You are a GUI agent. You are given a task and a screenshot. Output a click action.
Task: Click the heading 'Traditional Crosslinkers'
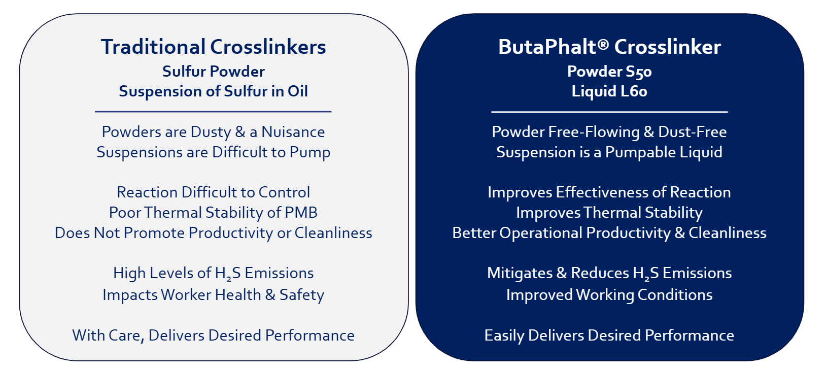213,47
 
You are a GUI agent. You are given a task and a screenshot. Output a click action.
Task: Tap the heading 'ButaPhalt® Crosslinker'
609,47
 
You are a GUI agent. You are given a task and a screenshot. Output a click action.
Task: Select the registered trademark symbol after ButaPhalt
603,44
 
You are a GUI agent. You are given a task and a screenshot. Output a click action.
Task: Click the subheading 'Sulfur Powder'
213,72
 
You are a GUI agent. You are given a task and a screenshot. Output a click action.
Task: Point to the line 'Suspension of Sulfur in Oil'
213,91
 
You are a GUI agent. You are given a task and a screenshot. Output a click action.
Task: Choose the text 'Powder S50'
609,72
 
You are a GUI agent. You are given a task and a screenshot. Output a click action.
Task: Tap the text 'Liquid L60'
609,91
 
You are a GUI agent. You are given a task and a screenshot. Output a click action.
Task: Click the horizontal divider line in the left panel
213,111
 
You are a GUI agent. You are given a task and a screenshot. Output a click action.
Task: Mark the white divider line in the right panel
609,111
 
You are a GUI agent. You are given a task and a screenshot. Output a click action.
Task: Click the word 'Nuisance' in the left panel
293,132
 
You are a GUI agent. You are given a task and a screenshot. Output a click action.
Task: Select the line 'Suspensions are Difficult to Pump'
213,152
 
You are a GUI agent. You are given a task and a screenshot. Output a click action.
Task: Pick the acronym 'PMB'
301,213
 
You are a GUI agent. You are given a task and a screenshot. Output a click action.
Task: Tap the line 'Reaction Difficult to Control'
213,192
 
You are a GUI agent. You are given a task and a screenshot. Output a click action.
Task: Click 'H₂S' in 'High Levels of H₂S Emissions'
228,274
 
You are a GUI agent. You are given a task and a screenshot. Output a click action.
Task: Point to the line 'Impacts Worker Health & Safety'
213,295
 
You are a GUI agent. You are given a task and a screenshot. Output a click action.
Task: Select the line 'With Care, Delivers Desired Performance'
213,335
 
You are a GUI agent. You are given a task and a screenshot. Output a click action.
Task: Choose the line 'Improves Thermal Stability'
609,213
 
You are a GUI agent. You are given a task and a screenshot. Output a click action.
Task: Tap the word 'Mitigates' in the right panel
520,274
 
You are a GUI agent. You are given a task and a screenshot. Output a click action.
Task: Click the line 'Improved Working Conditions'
609,295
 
